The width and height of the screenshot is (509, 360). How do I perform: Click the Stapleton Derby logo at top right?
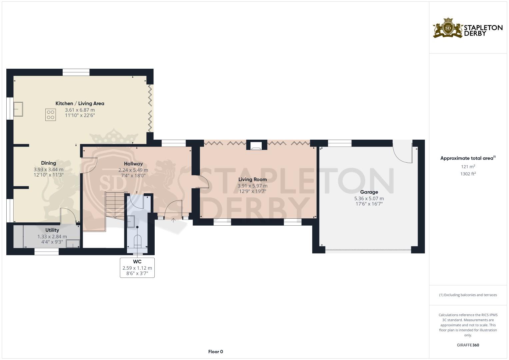(467, 28)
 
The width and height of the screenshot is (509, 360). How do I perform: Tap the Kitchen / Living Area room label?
(80, 104)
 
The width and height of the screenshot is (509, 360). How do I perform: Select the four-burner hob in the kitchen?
(51, 115)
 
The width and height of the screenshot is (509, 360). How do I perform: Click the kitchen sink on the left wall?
(18, 109)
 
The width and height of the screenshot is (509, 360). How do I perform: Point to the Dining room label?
(48, 163)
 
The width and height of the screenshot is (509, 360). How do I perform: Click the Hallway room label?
(133, 164)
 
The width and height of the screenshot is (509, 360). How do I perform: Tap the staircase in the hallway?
(115, 205)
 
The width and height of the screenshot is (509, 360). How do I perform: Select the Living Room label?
(252, 179)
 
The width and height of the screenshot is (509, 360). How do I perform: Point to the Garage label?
(369, 192)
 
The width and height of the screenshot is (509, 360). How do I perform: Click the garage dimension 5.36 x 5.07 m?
(369, 198)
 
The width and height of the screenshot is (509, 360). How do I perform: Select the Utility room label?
(52, 230)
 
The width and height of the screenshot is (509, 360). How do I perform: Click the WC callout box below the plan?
(137, 267)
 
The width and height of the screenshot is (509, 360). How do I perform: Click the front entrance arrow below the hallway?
(173, 220)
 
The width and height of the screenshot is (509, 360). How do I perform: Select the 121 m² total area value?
(468, 167)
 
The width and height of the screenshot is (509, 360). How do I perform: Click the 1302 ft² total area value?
(468, 174)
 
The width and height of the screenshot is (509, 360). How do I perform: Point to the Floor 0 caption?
(215, 352)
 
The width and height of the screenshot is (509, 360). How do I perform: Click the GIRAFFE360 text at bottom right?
(468, 345)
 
